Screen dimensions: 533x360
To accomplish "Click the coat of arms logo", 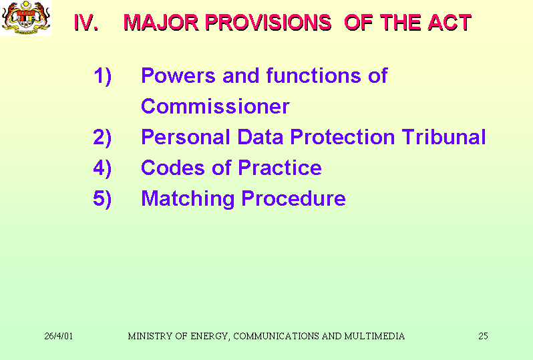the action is pyautogui.click(x=26, y=17).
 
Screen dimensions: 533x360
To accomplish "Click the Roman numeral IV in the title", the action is pyautogui.click(x=86, y=23).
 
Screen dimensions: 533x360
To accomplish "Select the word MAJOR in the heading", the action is pyautogui.click(x=161, y=23).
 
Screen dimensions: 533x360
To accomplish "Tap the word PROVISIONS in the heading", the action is pyautogui.click(x=269, y=23).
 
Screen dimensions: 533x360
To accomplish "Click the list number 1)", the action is pyautogui.click(x=102, y=76).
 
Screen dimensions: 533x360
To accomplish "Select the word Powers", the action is pyautogui.click(x=178, y=75).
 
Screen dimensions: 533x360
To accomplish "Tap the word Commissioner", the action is pyautogui.click(x=215, y=106).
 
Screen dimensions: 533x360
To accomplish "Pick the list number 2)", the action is pyautogui.click(x=102, y=138).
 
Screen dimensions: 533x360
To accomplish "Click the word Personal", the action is pyautogui.click(x=186, y=137).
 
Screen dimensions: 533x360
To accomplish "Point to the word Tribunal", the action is pyautogui.click(x=443, y=137).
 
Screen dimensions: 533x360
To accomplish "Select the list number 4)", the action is pyautogui.click(x=102, y=168).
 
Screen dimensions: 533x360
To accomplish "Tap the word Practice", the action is pyautogui.click(x=280, y=168).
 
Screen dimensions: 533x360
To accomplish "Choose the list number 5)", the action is pyautogui.click(x=102, y=199).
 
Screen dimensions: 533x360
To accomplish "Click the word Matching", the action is pyautogui.click(x=188, y=199).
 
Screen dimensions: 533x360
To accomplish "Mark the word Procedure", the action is pyautogui.click(x=293, y=198).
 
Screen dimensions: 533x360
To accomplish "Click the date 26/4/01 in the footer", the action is pyautogui.click(x=59, y=336).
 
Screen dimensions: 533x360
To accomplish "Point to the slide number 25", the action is pyautogui.click(x=483, y=336).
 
